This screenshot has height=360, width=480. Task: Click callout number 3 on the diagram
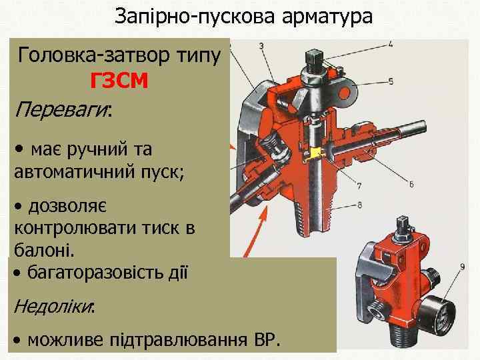click(261, 45)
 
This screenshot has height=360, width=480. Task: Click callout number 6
click(411, 183)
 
